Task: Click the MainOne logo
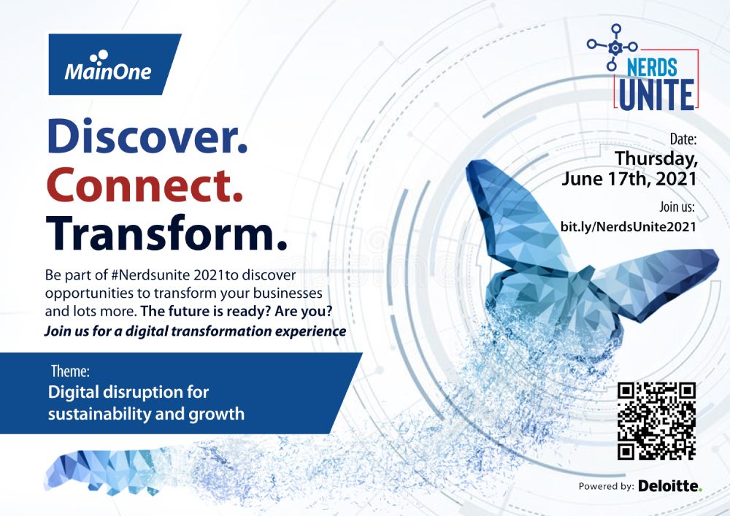[115, 64]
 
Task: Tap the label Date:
[683, 139]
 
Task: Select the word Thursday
[656, 158]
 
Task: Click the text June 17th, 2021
[629, 179]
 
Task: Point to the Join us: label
[677, 207]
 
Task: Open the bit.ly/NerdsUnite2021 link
[628, 226]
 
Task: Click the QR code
[656, 420]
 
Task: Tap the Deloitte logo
[670, 486]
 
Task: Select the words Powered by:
[606, 487]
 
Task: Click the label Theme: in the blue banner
[70, 371]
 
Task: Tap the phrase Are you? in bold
[304, 311]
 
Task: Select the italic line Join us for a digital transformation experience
[195, 331]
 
